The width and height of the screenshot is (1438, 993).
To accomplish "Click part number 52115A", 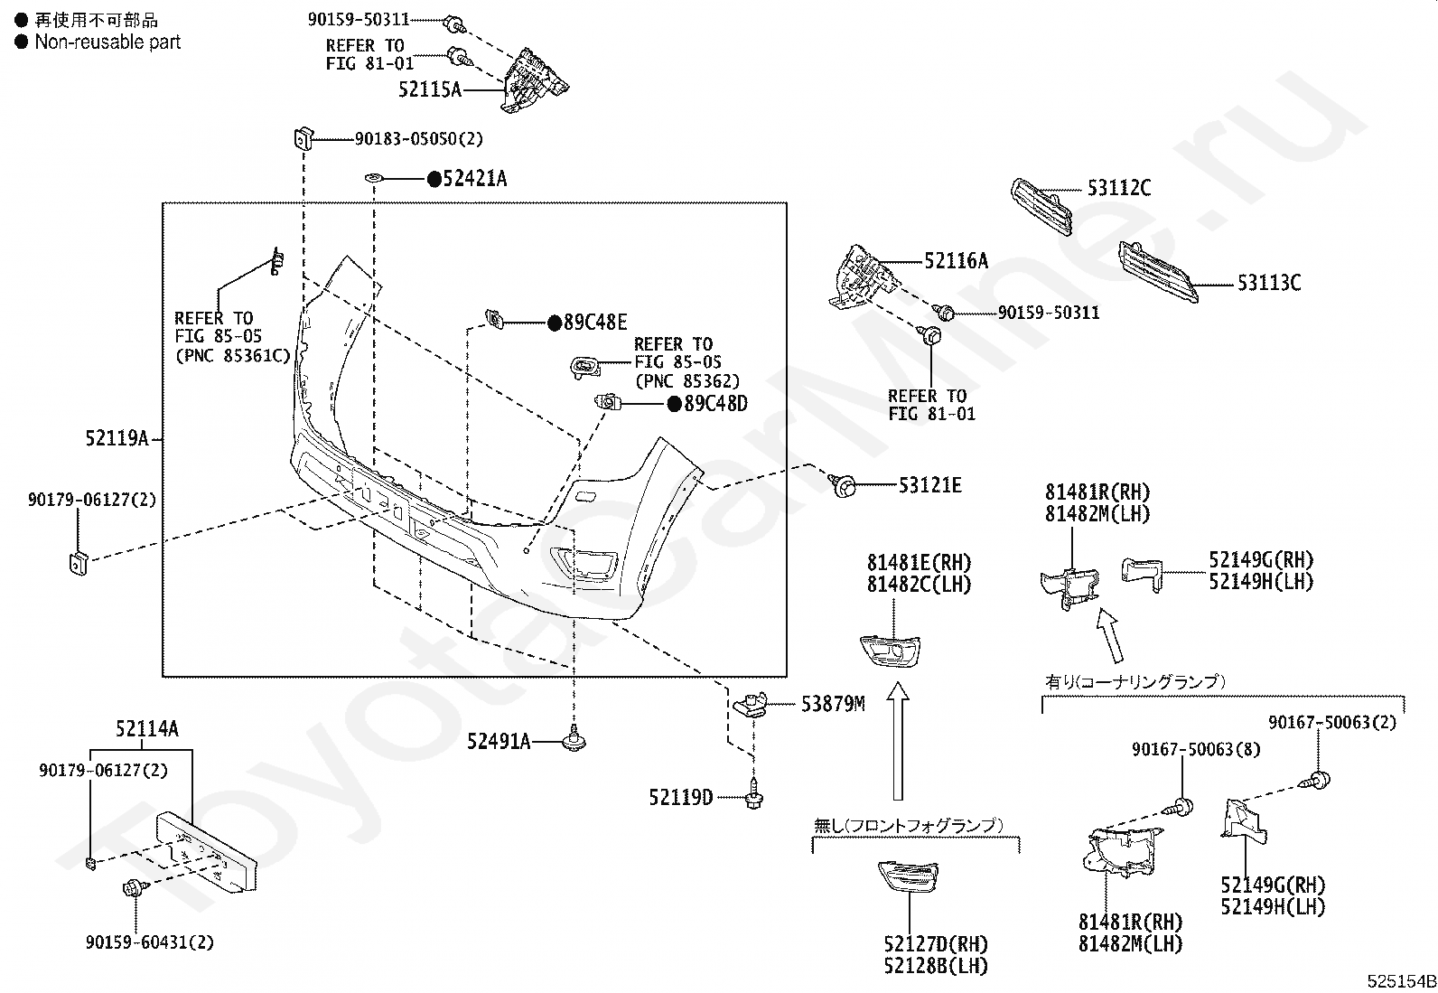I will (x=430, y=89).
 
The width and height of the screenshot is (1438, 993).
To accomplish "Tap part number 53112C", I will (x=1118, y=188).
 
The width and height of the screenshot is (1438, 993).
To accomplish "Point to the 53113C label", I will (x=1268, y=283).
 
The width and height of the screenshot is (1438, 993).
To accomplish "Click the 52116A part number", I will (x=956, y=262).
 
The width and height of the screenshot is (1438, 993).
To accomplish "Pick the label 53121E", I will (x=929, y=485).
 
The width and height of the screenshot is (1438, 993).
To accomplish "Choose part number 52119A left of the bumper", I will (x=117, y=439).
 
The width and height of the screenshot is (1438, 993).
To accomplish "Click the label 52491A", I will (x=499, y=742).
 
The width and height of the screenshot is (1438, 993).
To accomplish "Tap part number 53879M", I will (x=832, y=703).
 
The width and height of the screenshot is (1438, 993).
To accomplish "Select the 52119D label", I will (x=680, y=797).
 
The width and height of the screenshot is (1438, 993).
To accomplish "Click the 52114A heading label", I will (x=146, y=729).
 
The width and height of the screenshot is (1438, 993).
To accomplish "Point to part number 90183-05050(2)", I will (x=418, y=139).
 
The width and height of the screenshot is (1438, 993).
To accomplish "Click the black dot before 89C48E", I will (x=555, y=323).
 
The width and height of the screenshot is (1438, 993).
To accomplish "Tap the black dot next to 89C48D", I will (x=674, y=404).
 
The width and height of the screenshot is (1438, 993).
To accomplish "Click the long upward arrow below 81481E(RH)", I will (x=897, y=741).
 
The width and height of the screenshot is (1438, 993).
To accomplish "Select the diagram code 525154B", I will (x=1400, y=981).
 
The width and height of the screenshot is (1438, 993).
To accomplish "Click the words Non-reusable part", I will (x=107, y=42).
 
